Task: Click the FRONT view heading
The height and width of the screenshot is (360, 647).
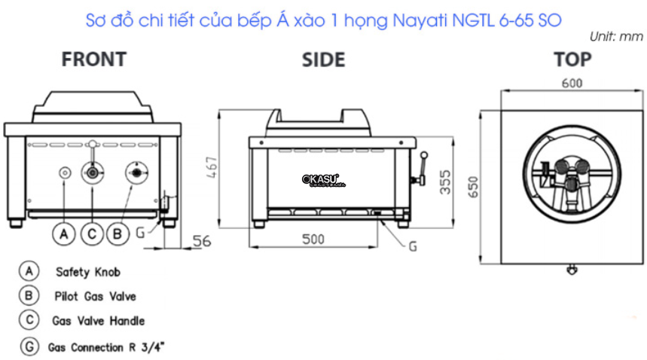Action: (x=93, y=59)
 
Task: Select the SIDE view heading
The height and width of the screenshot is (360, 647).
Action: (x=323, y=59)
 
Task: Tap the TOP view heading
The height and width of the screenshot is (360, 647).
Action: (x=572, y=59)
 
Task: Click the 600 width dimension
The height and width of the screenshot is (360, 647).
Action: (x=572, y=84)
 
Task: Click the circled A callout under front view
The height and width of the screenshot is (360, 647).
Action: (x=64, y=234)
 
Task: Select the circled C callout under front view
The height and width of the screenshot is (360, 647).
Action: (x=92, y=234)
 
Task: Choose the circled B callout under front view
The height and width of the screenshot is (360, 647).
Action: (x=117, y=234)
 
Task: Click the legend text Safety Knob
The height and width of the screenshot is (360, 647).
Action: (x=87, y=272)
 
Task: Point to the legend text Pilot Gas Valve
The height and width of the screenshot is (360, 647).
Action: (x=96, y=297)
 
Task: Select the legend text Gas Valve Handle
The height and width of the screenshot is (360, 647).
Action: (x=98, y=321)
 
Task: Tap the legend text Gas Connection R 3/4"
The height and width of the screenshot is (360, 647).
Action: (x=105, y=348)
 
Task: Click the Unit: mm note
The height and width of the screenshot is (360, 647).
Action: (x=616, y=36)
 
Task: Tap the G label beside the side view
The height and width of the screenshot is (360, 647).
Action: (x=412, y=246)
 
